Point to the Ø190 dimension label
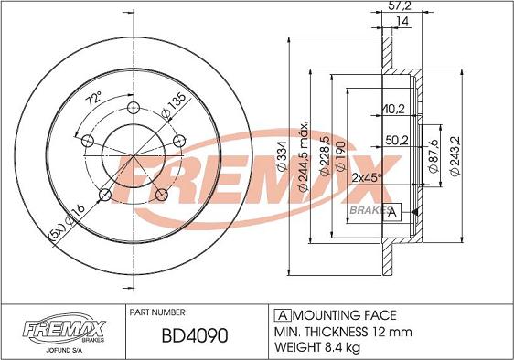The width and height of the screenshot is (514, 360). coord(340,155)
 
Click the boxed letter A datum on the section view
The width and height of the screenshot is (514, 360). coord(392,213)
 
